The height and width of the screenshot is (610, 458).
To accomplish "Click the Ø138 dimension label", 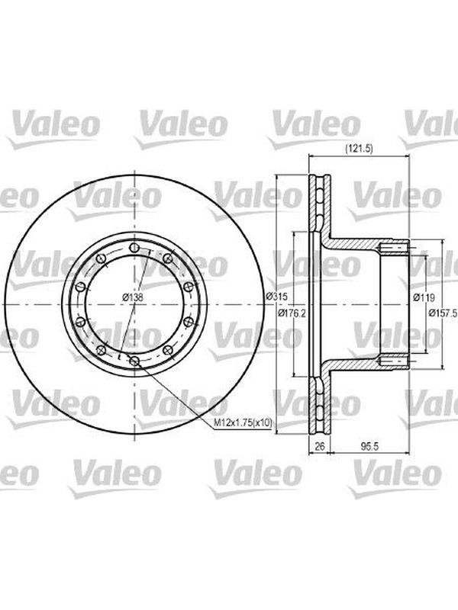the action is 133,298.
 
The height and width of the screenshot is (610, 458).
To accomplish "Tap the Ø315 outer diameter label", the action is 276,297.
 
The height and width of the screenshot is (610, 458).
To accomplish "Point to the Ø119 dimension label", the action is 424,297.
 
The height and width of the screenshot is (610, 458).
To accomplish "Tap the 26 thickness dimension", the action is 319,446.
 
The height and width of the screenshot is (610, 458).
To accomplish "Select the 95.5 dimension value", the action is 369,446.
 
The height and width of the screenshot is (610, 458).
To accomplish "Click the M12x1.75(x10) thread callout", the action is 244,422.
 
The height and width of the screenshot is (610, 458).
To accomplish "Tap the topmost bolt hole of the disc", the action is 134,247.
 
